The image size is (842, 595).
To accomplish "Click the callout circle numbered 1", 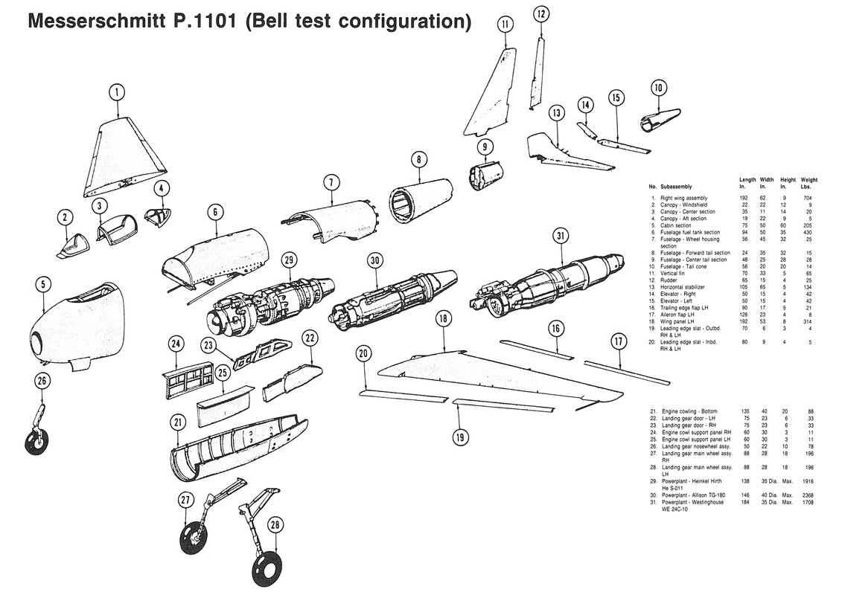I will [x=116, y=92].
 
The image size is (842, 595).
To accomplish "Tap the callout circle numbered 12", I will [x=541, y=13].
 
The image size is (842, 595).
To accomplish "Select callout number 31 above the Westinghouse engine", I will [x=560, y=236].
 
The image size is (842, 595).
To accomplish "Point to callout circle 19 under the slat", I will [x=461, y=437].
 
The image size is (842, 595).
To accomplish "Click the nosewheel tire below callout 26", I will [x=35, y=442].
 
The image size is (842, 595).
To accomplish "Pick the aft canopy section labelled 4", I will [x=157, y=216].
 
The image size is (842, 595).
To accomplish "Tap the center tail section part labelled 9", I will [x=485, y=176].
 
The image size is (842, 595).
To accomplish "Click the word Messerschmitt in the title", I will [x=97, y=22].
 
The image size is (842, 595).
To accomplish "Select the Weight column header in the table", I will [x=808, y=183].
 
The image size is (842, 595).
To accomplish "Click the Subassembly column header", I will [x=675, y=187].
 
